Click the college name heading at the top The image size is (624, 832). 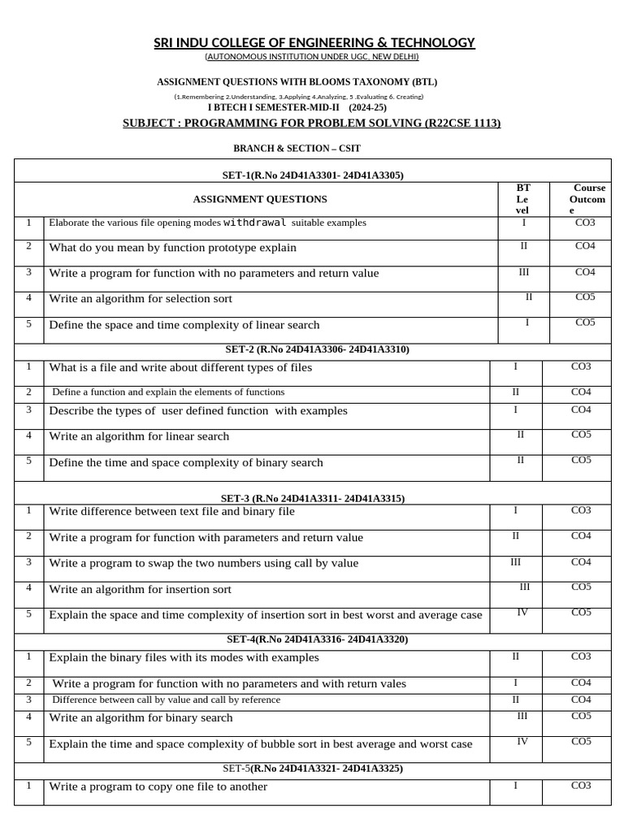[314, 43]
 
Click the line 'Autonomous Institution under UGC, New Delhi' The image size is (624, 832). [312, 57]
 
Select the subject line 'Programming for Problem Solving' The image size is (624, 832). [311, 123]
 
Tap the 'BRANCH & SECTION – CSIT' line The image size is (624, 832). [297, 149]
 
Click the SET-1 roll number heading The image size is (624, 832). [312, 175]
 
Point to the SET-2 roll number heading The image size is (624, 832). [317, 349]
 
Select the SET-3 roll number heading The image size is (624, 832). [313, 498]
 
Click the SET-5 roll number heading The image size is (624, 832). [313, 768]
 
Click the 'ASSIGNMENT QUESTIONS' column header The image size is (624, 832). [260, 199]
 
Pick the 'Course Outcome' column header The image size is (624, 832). [589, 199]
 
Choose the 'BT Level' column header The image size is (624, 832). [523, 199]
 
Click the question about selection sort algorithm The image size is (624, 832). [141, 299]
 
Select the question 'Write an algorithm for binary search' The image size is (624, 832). [141, 718]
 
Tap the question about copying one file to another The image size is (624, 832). [158, 786]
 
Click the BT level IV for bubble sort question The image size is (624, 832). [522, 741]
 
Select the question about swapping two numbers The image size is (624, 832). [203, 563]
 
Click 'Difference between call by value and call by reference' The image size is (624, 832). [167, 700]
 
